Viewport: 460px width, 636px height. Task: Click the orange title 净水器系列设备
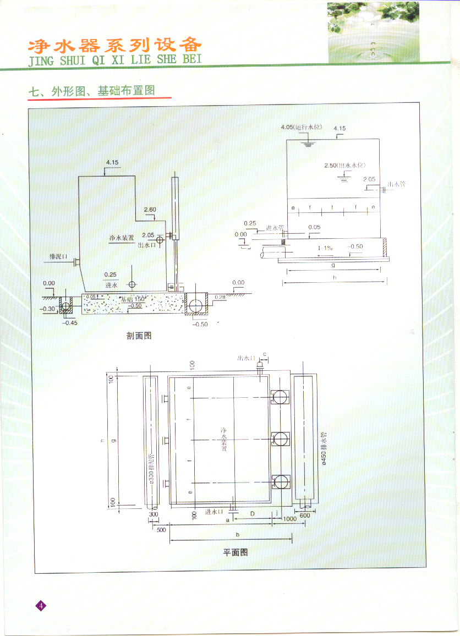click(115, 45)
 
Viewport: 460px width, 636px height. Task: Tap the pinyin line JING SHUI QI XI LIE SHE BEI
click(115, 59)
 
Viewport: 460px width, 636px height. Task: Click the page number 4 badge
click(41, 606)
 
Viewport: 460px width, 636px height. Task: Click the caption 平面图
click(235, 552)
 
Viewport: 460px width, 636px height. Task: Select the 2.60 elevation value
click(150, 210)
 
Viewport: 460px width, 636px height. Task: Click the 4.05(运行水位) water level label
click(300, 127)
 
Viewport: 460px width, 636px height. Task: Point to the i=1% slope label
click(325, 248)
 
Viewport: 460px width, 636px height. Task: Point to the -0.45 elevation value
click(70, 322)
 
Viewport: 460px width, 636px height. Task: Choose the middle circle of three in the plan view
click(281, 438)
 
